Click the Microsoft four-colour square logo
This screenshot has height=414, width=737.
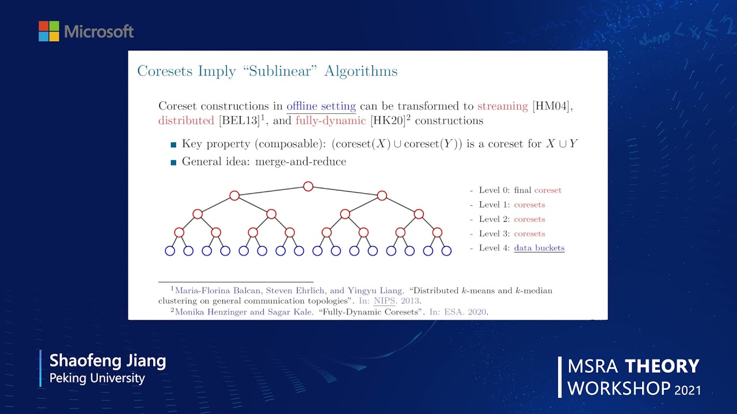point(49,31)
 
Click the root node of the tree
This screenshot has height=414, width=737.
point(308,186)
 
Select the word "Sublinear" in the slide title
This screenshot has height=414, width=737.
point(283,71)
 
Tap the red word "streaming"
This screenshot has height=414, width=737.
point(502,106)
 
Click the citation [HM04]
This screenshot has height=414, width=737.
point(552,106)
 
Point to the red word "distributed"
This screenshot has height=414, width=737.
point(186,121)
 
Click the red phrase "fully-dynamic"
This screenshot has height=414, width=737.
point(330,121)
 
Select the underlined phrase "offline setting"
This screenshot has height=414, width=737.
point(321,106)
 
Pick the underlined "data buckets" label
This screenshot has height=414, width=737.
point(539,248)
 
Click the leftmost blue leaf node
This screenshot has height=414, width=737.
point(170,251)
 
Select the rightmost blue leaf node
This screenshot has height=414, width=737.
point(446,251)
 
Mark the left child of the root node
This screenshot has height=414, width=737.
point(234,195)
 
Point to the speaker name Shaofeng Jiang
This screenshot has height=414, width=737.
point(108,361)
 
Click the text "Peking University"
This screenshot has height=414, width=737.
point(97,378)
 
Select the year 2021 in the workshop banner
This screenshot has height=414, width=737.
point(688,389)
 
